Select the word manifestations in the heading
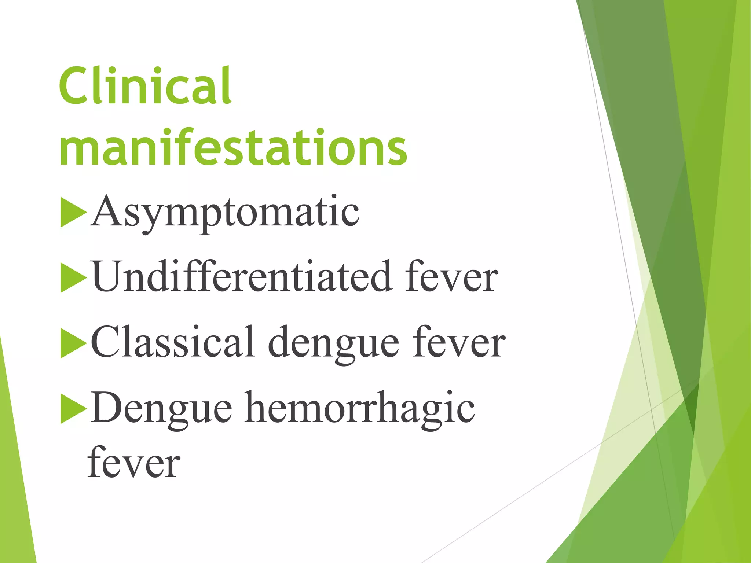pyautogui.click(x=233, y=147)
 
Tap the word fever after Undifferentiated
pyautogui.click(x=451, y=277)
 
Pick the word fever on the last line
pyautogui.click(x=134, y=463)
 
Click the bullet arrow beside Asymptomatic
pyautogui.click(x=73, y=213)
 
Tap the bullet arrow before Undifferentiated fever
pyautogui.click(x=73, y=278)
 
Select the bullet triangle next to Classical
pyautogui.click(x=73, y=343)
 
